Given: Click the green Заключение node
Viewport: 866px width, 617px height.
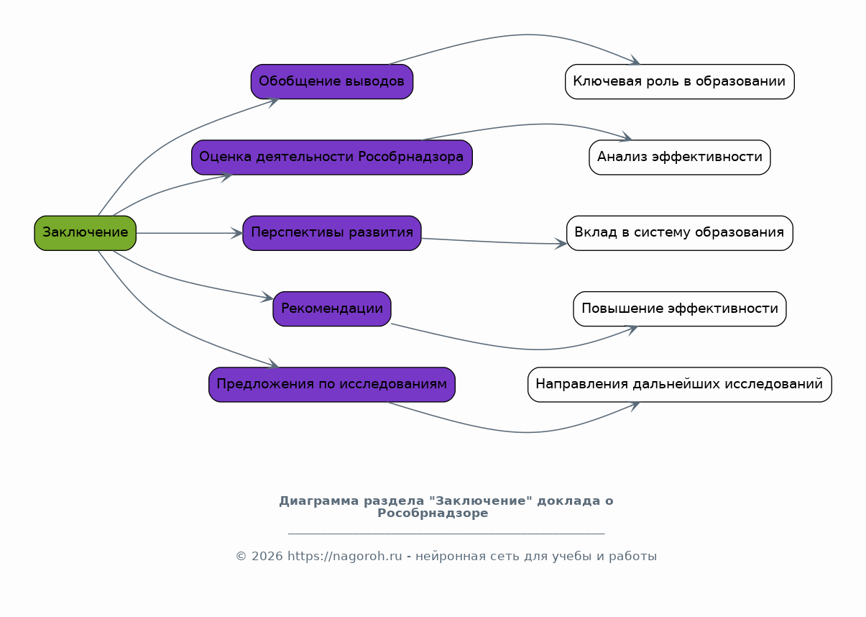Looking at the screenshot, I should point(85,233).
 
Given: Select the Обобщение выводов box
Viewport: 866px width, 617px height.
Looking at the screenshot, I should point(331,81).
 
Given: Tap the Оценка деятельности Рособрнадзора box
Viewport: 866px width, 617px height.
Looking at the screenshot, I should point(331,157).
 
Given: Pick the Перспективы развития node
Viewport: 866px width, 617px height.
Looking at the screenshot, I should point(331,233).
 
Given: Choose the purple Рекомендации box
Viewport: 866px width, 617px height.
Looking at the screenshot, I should point(331,308).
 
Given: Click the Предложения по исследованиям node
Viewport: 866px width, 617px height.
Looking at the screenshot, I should point(331,385).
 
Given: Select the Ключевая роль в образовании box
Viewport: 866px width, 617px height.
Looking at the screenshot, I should point(679,81).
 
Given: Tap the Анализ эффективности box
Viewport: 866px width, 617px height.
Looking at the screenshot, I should point(679,157).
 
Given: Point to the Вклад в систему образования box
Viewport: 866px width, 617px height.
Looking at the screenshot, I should point(679,233).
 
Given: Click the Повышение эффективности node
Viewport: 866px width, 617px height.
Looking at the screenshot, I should point(679,308).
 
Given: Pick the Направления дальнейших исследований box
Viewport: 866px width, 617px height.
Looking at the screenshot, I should point(679,385).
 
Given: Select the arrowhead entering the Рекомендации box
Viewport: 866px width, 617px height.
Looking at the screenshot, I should point(268,298).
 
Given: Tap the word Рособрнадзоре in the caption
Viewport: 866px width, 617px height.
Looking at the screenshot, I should point(433,513).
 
